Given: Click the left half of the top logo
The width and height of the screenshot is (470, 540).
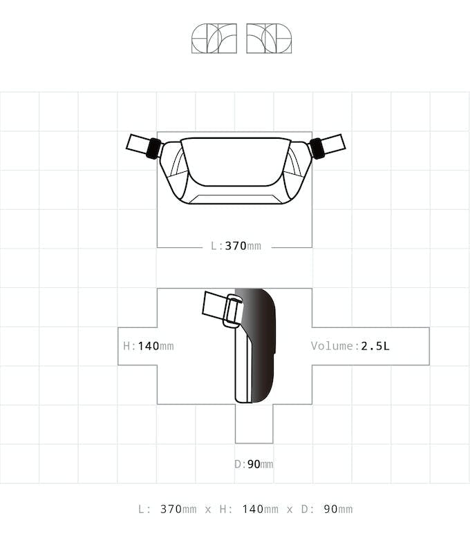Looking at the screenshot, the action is pyautogui.click(x=214, y=39).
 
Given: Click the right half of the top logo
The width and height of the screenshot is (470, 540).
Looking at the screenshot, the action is pyautogui.click(x=269, y=39).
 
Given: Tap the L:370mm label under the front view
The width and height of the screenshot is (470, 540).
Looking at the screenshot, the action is pyautogui.click(x=236, y=246).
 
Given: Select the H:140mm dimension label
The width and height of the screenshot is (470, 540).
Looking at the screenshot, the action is pyautogui.click(x=149, y=346).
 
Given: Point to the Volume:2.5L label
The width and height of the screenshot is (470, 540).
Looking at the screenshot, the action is pyautogui.click(x=350, y=346).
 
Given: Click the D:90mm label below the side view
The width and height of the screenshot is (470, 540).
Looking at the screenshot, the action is pyautogui.click(x=254, y=464).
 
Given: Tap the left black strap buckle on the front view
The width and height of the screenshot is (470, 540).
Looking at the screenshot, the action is pyautogui.click(x=154, y=148).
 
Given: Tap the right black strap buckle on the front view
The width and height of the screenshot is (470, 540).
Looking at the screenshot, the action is pyautogui.click(x=317, y=148).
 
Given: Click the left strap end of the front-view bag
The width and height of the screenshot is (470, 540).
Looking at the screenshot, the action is pyautogui.click(x=138, y=143).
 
